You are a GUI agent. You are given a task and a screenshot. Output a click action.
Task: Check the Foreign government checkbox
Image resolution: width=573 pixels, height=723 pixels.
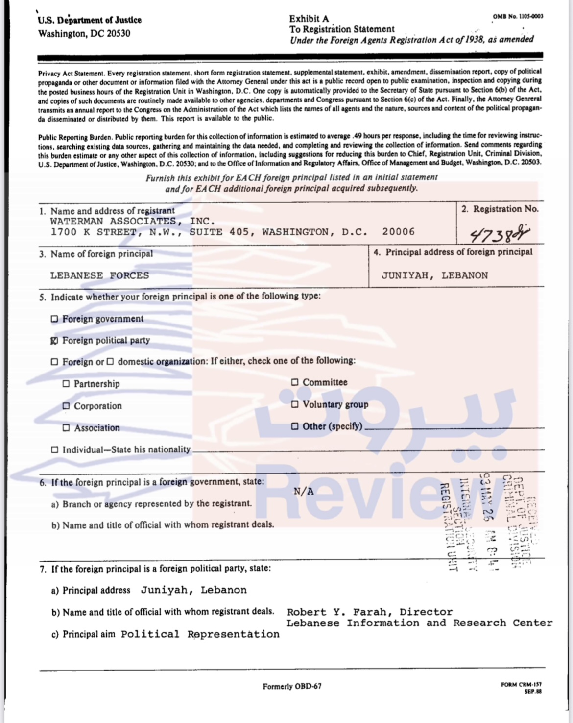click(54, 319)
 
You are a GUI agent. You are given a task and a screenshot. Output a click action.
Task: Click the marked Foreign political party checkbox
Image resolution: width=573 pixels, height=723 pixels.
click(54, 341)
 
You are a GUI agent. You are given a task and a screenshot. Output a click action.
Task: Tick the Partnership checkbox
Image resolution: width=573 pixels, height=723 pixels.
click(66, 384)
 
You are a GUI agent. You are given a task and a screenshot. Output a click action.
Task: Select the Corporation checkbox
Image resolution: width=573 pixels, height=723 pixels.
click(66, 406)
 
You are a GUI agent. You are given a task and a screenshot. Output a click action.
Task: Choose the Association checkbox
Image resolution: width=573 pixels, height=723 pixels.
click(66, 428)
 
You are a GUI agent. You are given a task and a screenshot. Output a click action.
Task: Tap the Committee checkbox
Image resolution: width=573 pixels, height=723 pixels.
click(295, 382)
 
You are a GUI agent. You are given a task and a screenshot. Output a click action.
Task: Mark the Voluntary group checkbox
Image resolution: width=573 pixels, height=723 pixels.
click(295, 404)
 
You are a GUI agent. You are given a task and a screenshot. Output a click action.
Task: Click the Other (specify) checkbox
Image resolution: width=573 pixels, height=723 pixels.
click(295, 426)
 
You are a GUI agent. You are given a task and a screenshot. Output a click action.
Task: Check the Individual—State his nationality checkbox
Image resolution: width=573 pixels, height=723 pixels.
click(54, 449)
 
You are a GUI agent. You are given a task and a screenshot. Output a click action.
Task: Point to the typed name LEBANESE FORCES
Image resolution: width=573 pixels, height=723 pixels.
click(99, 275)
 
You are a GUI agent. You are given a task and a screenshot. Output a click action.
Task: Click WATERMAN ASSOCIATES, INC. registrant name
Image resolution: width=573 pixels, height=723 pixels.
click(132, 221)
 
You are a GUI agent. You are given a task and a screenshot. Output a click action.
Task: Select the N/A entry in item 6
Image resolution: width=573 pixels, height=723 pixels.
click(304, 491)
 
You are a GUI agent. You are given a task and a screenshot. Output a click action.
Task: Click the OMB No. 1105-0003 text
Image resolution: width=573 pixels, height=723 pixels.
click(518, 16)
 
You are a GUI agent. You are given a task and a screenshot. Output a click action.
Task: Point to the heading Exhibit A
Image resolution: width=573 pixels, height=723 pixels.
click(309, 19)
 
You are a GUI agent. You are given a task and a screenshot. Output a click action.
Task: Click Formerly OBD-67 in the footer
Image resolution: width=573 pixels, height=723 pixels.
click(292, 686)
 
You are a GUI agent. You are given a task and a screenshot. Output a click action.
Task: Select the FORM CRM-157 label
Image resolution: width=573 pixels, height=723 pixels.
click(521, 685)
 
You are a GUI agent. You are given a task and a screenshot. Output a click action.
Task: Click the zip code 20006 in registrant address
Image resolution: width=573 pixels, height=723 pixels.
click(399, 232)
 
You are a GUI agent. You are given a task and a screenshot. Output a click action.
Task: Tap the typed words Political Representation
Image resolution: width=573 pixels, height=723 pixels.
click(200, 634)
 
